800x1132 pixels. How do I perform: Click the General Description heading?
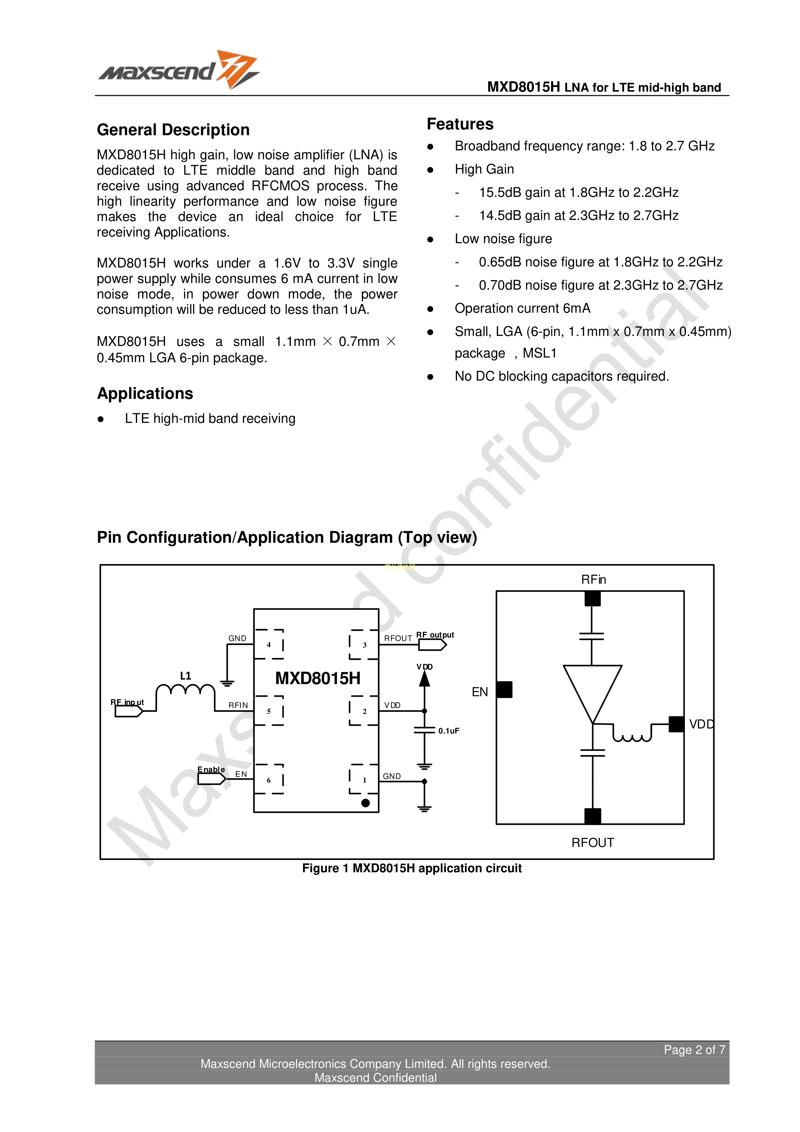pos(173,130)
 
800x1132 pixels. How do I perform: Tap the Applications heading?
pos(145,393)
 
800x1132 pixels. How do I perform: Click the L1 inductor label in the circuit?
pos(185,676)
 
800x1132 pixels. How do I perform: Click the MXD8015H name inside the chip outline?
pos(317,678)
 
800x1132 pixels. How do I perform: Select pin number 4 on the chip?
pos(269,644)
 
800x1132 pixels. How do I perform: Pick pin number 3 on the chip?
pos(365,644)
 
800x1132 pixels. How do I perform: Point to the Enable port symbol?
pos(211,779)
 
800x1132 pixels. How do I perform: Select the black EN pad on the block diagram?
pos(504,689)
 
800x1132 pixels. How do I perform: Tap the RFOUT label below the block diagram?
pos(593,843)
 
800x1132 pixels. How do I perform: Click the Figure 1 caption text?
pos(412,868)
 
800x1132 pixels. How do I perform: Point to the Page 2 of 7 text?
pos(694,1050)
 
